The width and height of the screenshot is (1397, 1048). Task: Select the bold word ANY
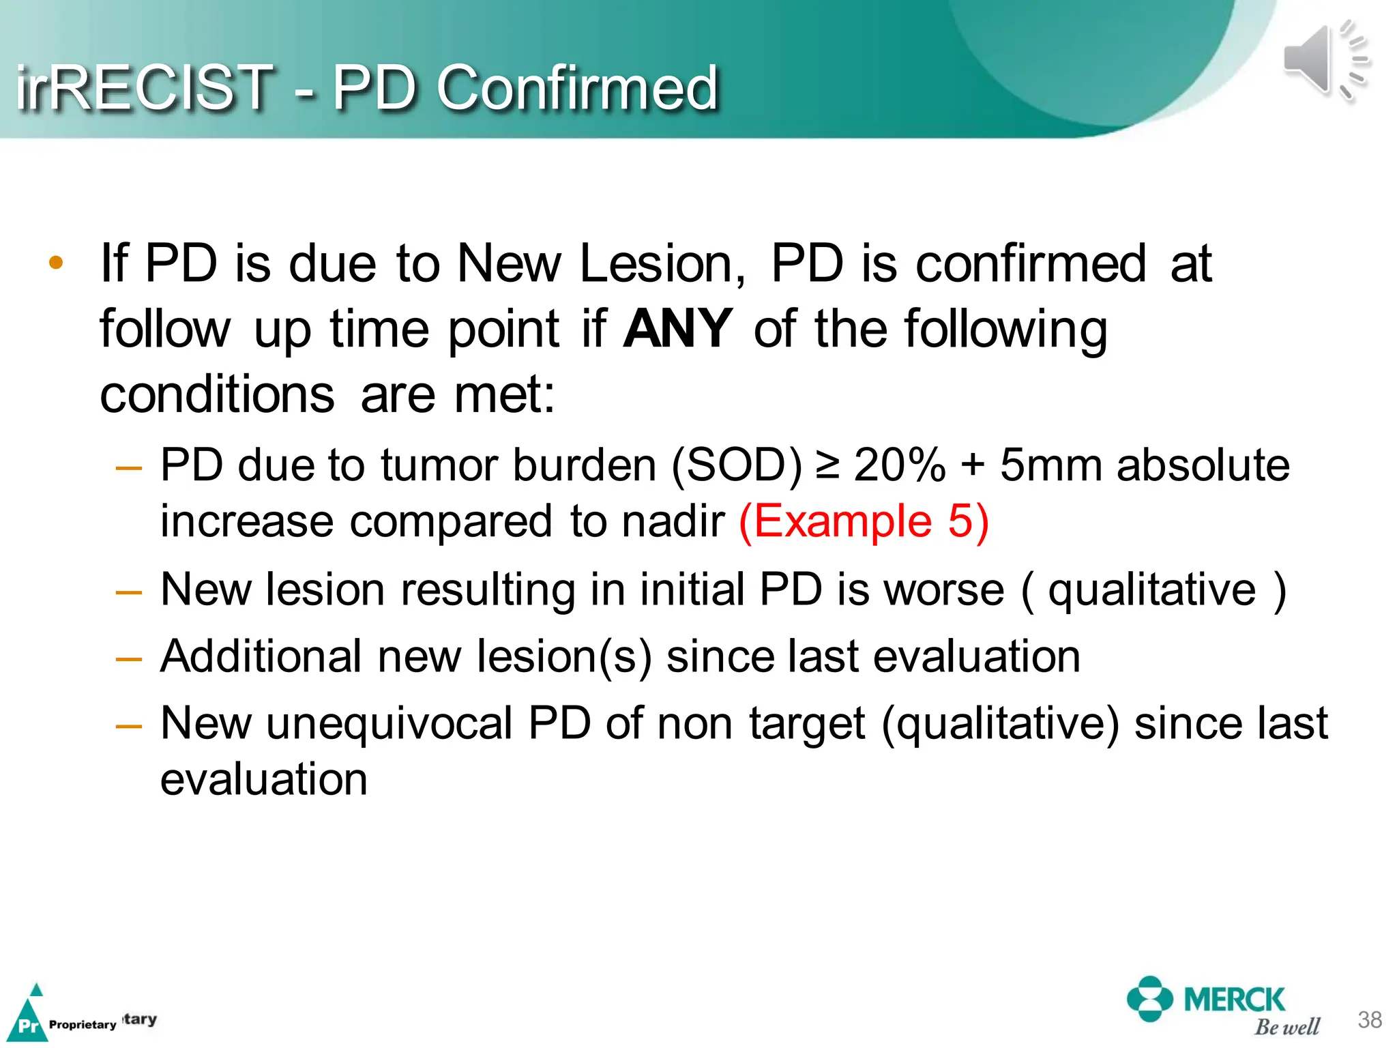(677, 330)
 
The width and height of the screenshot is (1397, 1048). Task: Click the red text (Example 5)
(864, 522)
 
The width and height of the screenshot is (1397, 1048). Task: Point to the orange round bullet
(56, 263)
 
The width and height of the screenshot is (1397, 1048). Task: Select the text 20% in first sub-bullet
(899, 466)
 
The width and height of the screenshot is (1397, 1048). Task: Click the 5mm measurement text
(1051, 466)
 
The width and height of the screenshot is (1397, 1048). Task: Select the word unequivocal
(389, 724)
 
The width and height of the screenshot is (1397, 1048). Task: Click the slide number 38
(1369, 1019)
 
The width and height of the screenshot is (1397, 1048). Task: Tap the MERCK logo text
(1234, 1000)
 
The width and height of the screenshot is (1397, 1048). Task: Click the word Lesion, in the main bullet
(662, 264)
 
